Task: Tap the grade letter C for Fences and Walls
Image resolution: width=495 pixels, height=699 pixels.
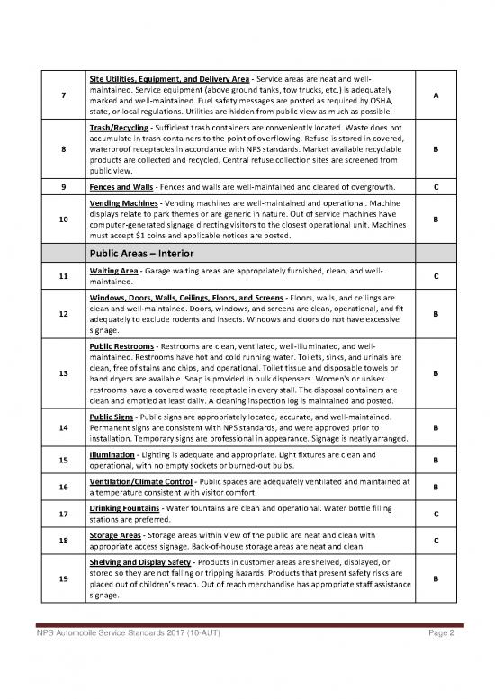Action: [436, 187]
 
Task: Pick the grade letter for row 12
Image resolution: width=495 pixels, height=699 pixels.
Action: [436, 315]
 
